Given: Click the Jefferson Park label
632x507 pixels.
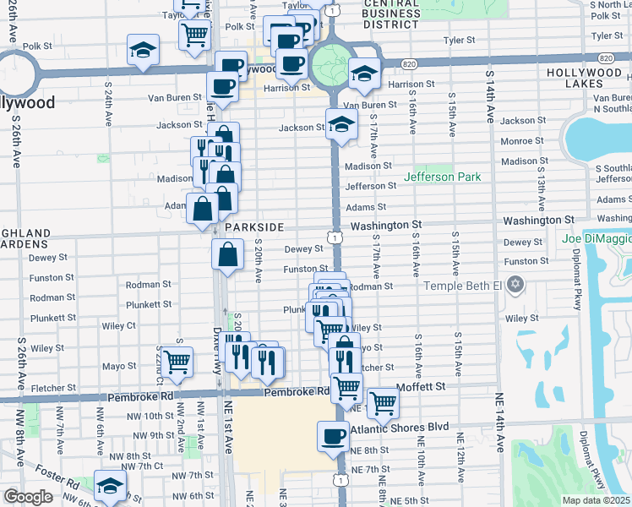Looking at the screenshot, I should tap(443, 177).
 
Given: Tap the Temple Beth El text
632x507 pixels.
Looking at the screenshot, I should tap(464, 286).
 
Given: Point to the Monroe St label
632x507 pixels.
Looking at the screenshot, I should tap(522, 141).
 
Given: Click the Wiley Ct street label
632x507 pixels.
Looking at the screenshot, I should tap(119, 325).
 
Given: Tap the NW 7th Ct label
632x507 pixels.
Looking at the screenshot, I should tap(145, 466).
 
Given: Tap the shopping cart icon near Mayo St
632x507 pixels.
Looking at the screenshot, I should tap(177, 363).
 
